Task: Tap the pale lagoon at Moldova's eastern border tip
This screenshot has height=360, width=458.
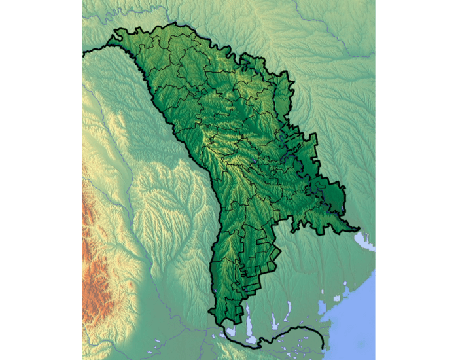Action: [x=363, y=241]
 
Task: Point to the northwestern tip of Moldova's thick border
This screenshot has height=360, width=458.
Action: [x=83, y=54]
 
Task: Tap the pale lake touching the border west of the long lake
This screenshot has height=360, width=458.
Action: [x=230, y=331]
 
